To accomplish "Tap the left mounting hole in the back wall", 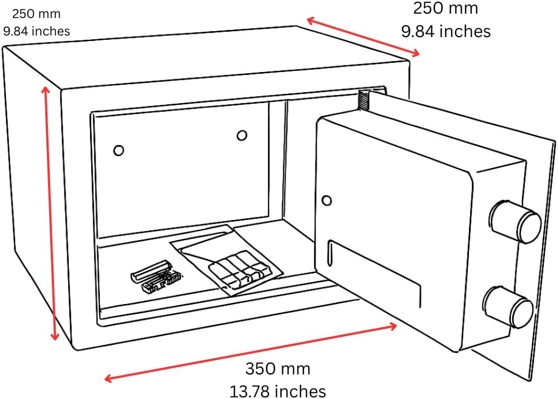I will click(118, 150).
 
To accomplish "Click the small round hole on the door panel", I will click(327, 200).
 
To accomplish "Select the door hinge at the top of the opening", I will click(363, 100).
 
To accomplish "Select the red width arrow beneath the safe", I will click(251, 352).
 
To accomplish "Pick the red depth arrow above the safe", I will click(363, 37).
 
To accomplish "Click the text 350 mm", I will click(277, 369).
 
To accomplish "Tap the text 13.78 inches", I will click(277, 391).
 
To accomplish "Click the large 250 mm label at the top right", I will click(445, 8).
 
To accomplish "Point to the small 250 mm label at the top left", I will click(36, 13).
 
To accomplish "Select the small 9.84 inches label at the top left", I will click(37, 31).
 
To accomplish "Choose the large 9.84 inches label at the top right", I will click(446, 31).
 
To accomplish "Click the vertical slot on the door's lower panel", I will click(329, 254).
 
